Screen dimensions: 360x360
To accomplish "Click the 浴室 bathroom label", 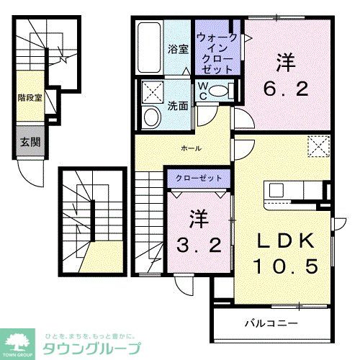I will tap(178, 49).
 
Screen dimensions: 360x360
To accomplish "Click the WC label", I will tap(204, 90).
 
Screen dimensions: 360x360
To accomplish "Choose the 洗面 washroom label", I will tap(179, 104).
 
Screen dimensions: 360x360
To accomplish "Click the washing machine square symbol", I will tap(153, 91).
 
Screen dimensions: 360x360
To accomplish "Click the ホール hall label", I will tap(191, 148).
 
